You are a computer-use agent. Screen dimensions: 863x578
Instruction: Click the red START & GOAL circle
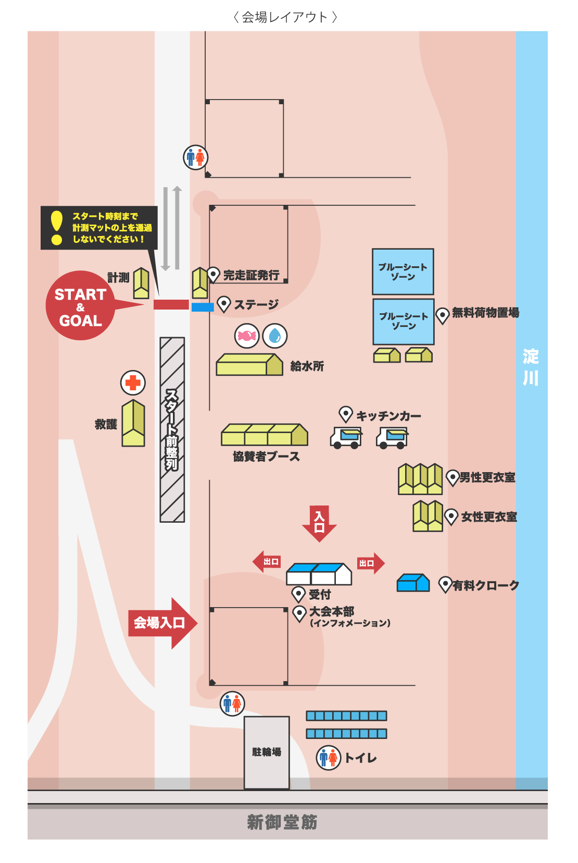[80, 306]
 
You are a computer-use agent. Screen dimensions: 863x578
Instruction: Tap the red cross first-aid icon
[133, 383]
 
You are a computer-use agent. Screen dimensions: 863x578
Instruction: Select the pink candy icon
[247, 336]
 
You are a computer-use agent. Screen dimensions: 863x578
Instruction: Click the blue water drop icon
[275, 336]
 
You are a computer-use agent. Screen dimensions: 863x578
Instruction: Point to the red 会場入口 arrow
[161, 623]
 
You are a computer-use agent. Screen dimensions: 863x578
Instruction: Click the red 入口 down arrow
[319, 522]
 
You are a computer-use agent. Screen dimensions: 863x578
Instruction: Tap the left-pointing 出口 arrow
[267, 562]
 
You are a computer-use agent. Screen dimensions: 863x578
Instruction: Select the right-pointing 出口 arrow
[370, 563]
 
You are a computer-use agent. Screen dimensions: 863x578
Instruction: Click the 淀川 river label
[531, 367]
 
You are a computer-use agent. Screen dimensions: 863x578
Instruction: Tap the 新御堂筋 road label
[282, 822]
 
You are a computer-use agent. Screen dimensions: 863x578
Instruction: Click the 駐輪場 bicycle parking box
[267, 752]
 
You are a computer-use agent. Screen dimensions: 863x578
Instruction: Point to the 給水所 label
[307, 366]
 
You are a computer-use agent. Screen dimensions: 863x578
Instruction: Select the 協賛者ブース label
[266, 457]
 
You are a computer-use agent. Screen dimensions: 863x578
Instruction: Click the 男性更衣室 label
[487, 477]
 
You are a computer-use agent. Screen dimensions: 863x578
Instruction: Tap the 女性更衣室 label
[489, 517]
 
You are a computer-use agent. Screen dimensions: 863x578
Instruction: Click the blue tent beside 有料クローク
[413, 583]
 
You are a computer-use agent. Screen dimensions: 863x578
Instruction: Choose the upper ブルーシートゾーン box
[403, 272]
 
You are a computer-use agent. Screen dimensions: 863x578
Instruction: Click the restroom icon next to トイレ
[329, 757]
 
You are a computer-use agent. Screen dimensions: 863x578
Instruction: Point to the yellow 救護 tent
[133, 423]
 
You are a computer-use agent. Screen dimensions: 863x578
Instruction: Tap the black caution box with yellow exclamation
[99, 228]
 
